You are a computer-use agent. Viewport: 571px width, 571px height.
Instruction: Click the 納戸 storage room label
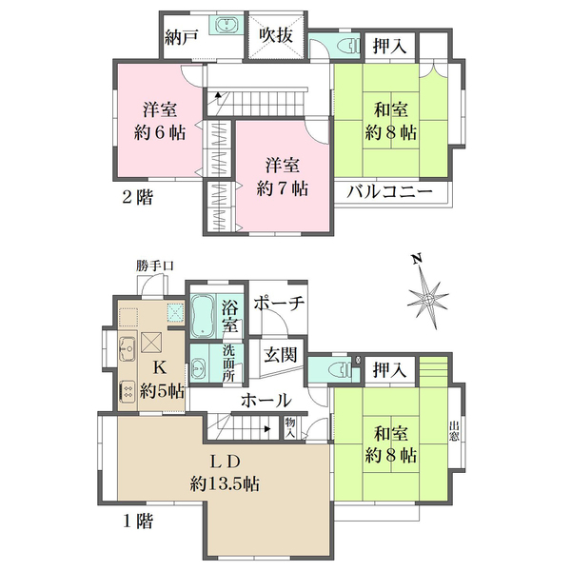[x=182, y=37]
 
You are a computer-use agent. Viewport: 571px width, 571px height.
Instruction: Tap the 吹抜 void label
[x=276, y=35]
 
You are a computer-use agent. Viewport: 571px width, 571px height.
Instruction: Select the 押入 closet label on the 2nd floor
[x=389, y=47]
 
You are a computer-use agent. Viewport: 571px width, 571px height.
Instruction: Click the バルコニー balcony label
[x=389, y=191]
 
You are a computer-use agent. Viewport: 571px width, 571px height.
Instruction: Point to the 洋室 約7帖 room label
[x=283, y=177]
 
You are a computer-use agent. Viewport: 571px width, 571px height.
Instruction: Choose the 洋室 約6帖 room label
[x=160, y=121]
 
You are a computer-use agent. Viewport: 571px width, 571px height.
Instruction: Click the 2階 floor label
[x=137, y=197]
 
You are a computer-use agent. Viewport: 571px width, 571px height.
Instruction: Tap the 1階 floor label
[x=137, y=522]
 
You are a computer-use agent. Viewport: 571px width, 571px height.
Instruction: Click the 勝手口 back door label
[x=155, y=266]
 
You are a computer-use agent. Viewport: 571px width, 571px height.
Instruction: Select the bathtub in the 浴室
[x=203, y=315]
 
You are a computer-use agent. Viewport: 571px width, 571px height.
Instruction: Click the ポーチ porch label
[x=279, y=303]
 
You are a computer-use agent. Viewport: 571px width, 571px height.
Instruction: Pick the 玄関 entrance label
[x=281, y=354]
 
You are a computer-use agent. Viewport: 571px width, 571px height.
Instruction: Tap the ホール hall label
[x=266, y=401]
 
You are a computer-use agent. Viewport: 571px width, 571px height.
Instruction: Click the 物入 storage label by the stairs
[x=290, y=428]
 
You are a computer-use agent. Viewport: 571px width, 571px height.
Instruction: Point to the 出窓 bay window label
[x=454, y=431]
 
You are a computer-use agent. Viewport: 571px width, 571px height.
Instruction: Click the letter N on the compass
[x=417, y=259]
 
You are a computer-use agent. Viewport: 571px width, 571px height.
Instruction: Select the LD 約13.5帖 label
[x=225, y=473]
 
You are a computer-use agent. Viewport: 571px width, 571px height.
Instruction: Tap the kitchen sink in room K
[x=128, y=348]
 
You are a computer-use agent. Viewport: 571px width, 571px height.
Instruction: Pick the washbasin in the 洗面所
[x=199, y=369]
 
